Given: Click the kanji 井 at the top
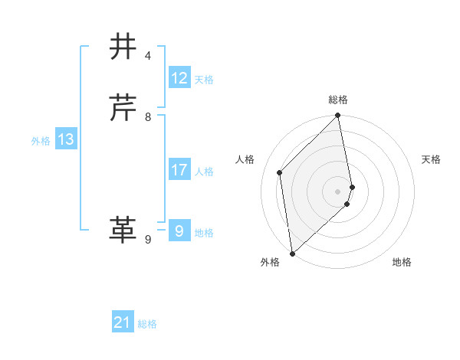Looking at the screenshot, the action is [123, 47].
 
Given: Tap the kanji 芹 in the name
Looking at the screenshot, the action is [123, 108].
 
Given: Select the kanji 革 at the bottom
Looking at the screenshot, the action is [123, 230].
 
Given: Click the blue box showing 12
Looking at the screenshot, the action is [179, 78].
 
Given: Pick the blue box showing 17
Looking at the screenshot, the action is [179, 170].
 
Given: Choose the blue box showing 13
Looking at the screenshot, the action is [66, 139].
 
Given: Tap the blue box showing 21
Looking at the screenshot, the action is [123, 323].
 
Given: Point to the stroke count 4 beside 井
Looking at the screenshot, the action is [148, 56].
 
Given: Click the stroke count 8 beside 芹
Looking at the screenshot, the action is [148, 117].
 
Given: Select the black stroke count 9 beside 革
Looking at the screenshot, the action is [148, 240].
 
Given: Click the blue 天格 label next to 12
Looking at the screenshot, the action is [204, 80].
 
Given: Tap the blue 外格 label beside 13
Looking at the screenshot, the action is [41, 141].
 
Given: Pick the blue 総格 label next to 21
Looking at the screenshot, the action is [147, 325].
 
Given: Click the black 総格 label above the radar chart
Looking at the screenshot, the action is [338, 100].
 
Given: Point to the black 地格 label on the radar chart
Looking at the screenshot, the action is [402, 263].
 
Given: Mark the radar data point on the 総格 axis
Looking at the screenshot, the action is [338, 116].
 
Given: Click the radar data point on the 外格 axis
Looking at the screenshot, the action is [292, 254].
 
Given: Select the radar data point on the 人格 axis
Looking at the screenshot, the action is [280, 172].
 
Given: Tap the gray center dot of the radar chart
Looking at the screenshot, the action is [338, 191].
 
